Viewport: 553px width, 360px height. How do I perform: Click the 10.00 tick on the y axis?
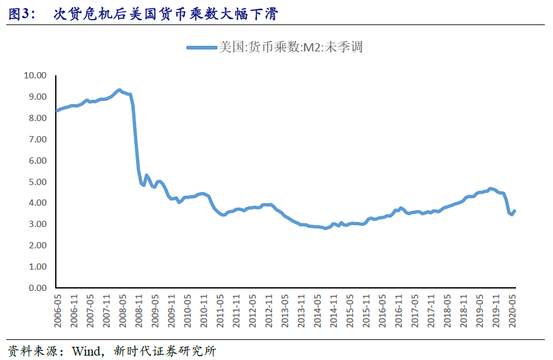35,75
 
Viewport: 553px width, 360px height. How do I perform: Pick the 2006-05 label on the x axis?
57,309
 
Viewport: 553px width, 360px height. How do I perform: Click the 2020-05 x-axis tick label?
513,309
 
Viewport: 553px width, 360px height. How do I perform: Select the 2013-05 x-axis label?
285,309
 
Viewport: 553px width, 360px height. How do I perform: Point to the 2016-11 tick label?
399,309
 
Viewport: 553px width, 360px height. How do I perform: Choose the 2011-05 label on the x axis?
220,309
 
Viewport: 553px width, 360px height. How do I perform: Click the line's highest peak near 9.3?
118,90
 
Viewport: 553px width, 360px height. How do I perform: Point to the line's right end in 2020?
515,211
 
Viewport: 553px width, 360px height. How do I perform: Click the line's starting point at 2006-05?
57,110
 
